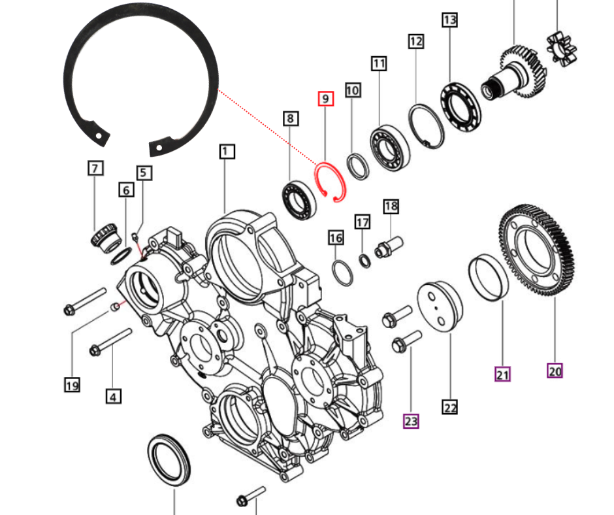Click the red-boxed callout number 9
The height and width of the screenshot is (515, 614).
[325, 99]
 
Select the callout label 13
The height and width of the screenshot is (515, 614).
[449, 20]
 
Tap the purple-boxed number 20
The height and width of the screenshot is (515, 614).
[555, 371]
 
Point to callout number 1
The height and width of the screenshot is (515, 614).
[226, 152]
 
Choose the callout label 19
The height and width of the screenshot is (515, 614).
[72, 385]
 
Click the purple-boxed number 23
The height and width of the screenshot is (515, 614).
[410, 421]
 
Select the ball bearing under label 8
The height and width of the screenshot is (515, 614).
[299, 196]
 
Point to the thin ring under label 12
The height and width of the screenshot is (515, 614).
[426, 125]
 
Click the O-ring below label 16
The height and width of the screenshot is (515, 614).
[342, 271]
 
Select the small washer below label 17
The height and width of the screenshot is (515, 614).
[365, 261]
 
